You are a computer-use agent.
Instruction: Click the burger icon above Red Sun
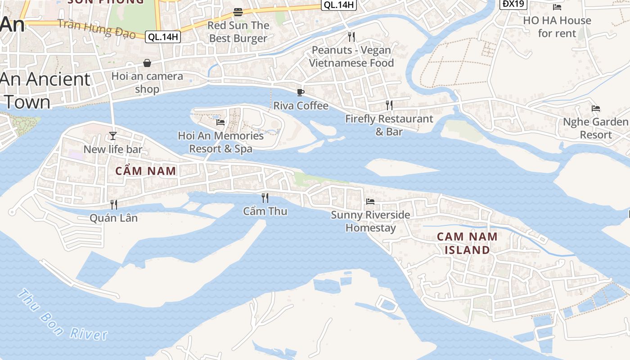pos(238,12)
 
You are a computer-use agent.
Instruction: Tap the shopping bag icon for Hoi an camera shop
pos(147,63)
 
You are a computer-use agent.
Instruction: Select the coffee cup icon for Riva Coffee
pos(301,93)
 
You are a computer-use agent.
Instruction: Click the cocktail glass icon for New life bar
pos(113,136)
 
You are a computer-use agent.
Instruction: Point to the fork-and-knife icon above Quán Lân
pos(114,205)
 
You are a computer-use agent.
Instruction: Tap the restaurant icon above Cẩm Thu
pos(265,198)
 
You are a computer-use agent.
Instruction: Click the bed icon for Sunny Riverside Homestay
pos(370,202)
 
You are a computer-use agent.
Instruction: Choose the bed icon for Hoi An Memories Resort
pos(220,122)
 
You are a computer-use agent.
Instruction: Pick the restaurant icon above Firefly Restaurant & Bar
pos(389,105)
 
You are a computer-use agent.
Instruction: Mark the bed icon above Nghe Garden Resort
pos(596,108)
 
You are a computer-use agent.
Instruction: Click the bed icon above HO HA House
pos(557,7)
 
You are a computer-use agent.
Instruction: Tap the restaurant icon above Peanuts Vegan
pos(351,36)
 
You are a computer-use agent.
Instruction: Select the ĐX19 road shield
pos(513,4)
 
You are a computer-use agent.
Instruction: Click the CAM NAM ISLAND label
pos(467,243)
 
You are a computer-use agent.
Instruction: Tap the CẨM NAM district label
pos(145,171)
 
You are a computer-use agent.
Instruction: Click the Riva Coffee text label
pos(301,106)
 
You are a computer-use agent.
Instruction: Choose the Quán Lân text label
pos(113,218)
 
